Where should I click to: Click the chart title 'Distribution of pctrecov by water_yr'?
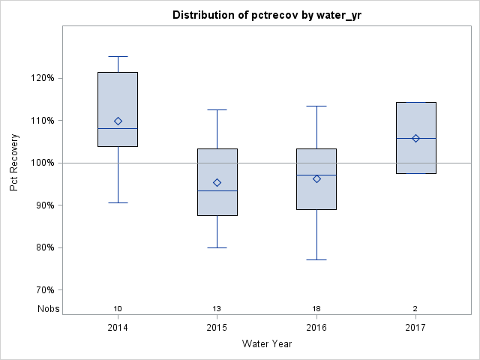point(266,15)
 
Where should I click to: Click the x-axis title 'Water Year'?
point(266,344)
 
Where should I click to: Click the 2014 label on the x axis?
point(118,328)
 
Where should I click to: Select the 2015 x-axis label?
point(217,328)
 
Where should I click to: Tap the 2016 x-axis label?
point(316,328)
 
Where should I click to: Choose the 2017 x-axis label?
point(415,328)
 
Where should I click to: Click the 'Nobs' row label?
point(49,309)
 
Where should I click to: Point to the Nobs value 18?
point(316,309)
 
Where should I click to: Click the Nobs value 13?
point(217,309)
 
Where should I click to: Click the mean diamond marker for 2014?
point(118,121)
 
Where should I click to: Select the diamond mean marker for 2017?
point(415,138)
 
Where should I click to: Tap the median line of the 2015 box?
point(217,190)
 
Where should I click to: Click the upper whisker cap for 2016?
point(316,106)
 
